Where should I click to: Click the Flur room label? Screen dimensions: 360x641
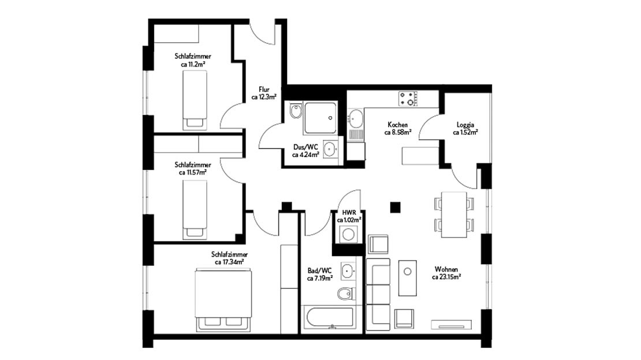(x=264, y=90)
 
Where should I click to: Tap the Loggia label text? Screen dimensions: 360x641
(x=465, y=125)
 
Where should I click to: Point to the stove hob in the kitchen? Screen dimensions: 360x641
(x=408, y=99)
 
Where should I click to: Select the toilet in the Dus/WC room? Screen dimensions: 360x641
(x=296, y=111)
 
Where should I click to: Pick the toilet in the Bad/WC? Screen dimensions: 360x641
(x=345, y=294)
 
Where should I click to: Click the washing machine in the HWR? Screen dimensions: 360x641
(x=348, y=234)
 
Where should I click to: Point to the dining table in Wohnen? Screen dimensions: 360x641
(x=453, y=214)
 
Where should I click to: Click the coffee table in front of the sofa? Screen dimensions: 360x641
(x=409, y=277)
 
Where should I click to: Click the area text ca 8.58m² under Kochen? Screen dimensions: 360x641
(x=397, y=132)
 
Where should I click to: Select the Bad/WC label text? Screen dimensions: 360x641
(x=319, y=270)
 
